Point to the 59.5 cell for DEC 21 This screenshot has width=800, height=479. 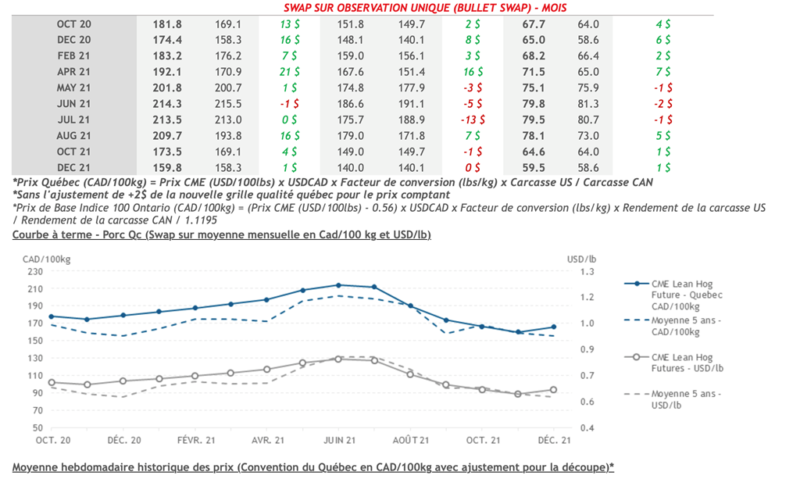point(534,167)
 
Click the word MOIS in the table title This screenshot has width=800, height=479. point(552,8)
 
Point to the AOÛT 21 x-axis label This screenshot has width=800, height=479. point(411,440)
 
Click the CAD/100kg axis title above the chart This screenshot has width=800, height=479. point(41,258)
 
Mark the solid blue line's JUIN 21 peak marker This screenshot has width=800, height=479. point(338,284)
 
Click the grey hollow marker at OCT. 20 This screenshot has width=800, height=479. point(52,383)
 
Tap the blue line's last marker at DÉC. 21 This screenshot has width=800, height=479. point(553,327)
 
